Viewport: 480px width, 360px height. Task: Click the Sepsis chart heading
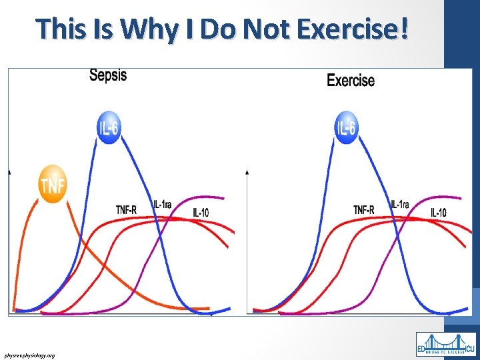tap(108, 75)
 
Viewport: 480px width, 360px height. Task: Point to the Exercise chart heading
tap(351, 81)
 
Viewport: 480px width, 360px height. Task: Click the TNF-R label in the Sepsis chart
tap(126, 210)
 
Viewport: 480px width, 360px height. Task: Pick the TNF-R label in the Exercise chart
tap(364, 210)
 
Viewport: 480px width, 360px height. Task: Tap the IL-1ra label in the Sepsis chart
tap(162, 204)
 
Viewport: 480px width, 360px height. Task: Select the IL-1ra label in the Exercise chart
tap(400, 204)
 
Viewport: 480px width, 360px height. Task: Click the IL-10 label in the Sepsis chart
tap(201, 213)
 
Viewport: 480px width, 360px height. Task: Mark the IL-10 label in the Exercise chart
tap(439, 213)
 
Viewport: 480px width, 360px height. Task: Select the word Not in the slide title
tap(271, 30)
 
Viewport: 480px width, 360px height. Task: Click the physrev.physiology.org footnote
tap(29, 355)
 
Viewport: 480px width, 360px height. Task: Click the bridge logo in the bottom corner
tap(445, 344)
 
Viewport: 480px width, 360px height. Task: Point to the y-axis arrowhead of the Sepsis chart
tap(10, 172)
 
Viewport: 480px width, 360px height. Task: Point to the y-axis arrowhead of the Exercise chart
tap(248, 172)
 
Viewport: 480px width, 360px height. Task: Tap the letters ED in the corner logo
tap(423, 349)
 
